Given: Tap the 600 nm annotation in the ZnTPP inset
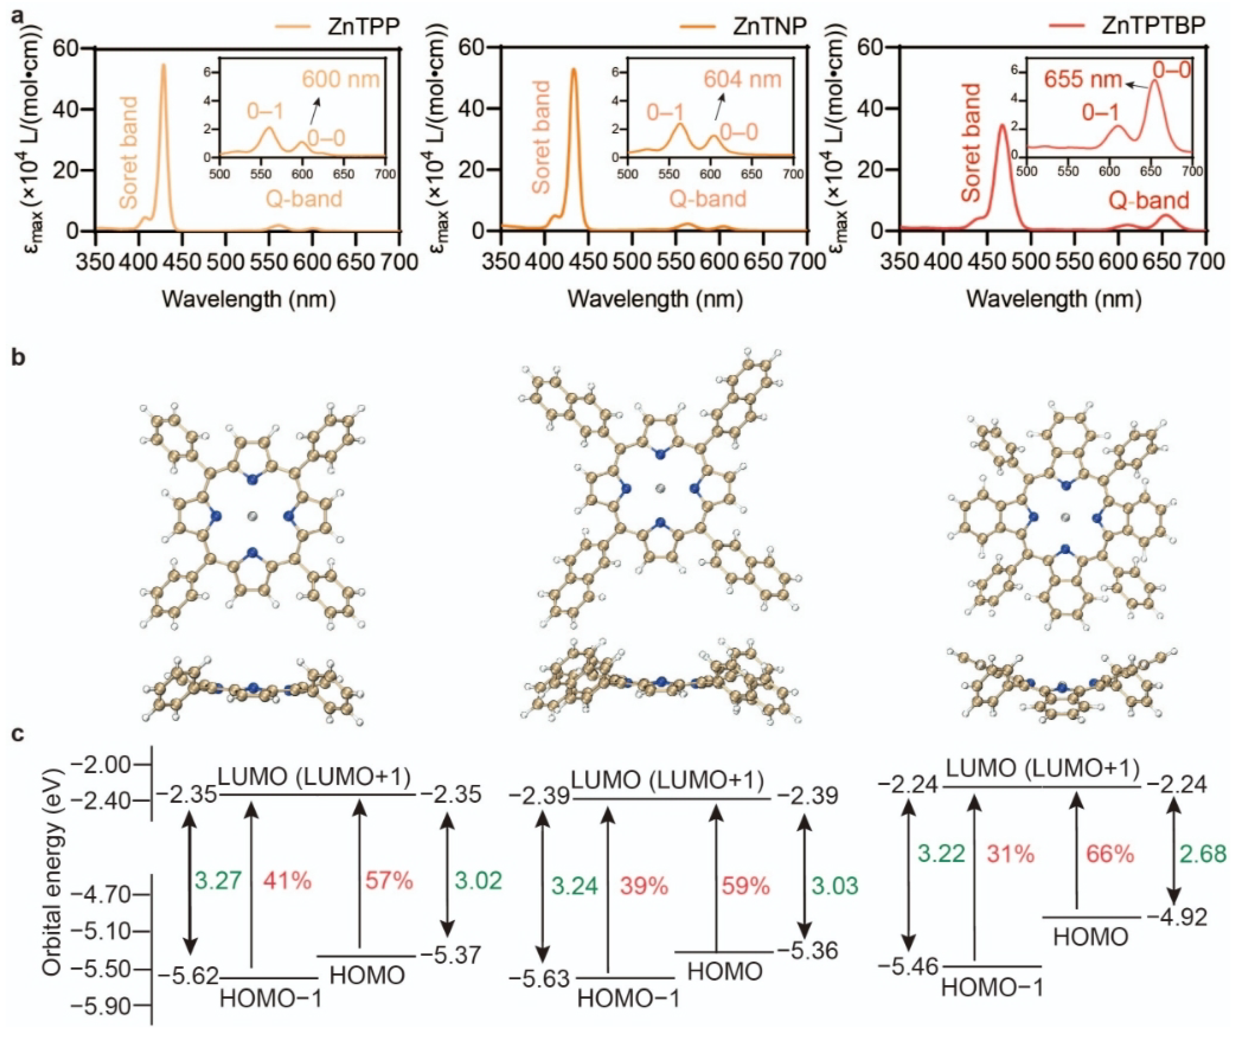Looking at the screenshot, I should pyautogui.click(x=341, y=78).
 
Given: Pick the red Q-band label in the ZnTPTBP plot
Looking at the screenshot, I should pyautogui.click(x=1149, y=201).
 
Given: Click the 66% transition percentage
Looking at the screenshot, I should pyautogui.click(x=1110, y=854).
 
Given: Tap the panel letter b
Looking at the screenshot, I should pyautogui.click(x=19, y=358).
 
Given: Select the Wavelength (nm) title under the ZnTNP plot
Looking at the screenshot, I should pyautogui.click(x=655, y=299).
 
